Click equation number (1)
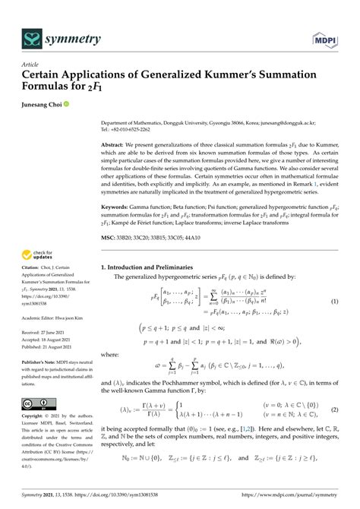(334, 302)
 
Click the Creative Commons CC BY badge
(35, 404)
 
